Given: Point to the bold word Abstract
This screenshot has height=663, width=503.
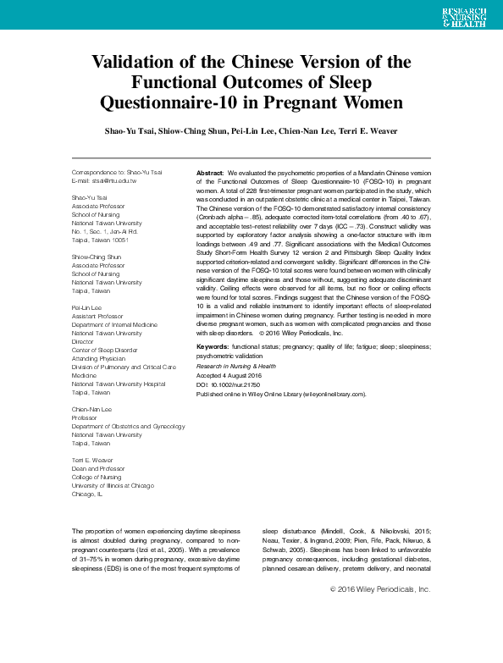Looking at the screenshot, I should (210, 172).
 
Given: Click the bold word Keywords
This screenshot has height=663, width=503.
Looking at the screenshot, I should (213, 347).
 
